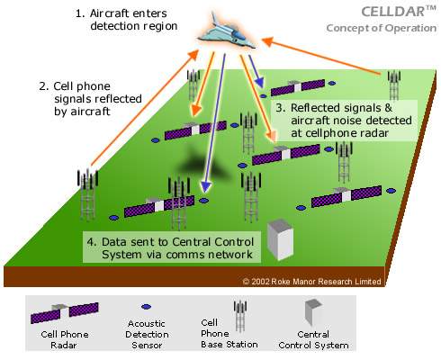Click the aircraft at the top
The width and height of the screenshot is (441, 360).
(x=226, y=32)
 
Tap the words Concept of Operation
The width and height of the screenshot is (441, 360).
(x=382, y=28)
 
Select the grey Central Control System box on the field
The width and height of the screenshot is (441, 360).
(x=280, y=239)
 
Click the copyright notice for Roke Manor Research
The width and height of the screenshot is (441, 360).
(x=311, y=282)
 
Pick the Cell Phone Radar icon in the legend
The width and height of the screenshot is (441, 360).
(x=65, y=312)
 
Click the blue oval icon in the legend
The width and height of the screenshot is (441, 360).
(x=146, y=307)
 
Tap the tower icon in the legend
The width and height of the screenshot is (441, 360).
(x=240, y=316)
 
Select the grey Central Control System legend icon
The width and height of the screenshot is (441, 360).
(x=313, y=312)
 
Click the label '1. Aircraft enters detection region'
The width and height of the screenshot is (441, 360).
(x=126, y=20)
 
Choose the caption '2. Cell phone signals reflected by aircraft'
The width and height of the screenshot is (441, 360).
(x=90, y=99)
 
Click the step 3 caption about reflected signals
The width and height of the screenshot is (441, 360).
(x=344, y=121)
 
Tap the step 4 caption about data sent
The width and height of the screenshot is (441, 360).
(x=170, y=247)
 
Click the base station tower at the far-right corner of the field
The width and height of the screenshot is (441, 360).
(x=394, y=85)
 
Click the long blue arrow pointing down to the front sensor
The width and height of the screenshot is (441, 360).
(x=215, y=123)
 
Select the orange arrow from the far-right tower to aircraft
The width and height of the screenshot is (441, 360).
(x=321, y=56)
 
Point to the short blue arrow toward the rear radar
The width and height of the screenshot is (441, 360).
(x=256, y=71)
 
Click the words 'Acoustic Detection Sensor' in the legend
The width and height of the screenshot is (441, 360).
(x=147, y=334)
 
